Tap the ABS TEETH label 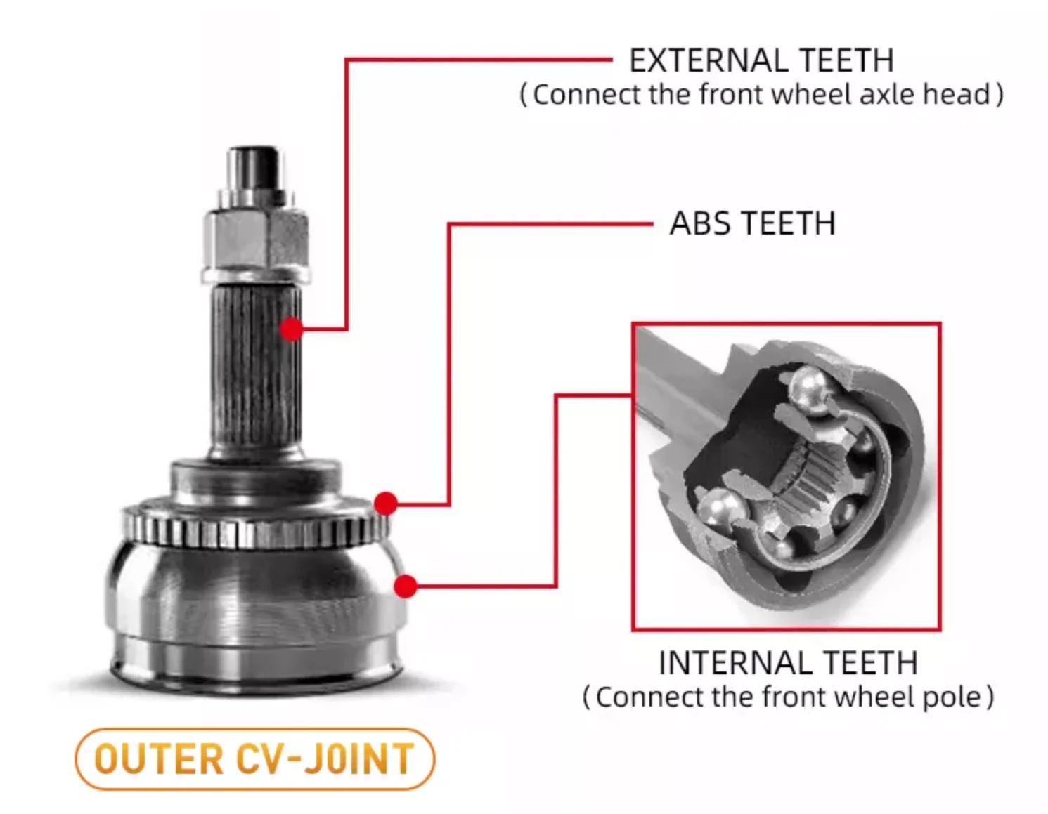tap(752, 224)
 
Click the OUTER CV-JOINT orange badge tap(254, 759)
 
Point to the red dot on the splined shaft tap(291, 329)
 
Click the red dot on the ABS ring tap(385, 503)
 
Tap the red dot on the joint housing tap(406, 586)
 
